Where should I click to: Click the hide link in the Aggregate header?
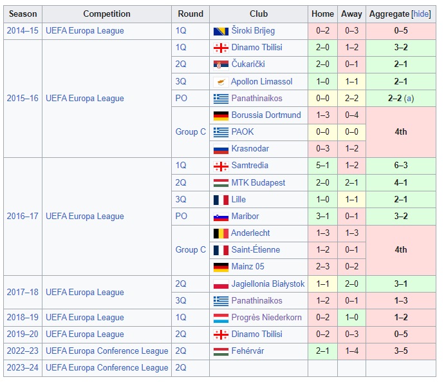[421, 14]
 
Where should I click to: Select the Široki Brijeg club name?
[253, 31]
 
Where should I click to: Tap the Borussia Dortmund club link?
[266, 115]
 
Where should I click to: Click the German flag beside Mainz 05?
[221, 267]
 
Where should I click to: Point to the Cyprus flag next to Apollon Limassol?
[221, 82]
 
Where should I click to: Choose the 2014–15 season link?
[22, 31]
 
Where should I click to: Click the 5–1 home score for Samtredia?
[322, 166]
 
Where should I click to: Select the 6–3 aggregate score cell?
[400, 166]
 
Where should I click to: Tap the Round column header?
[190, 14]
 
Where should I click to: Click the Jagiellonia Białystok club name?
[268, 284]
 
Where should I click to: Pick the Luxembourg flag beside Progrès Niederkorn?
[221, 318]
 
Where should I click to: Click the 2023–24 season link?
[22, 368]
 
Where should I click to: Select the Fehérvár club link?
[247, 351]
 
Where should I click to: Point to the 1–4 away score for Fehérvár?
[351, 351]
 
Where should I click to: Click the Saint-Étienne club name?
[256, 250]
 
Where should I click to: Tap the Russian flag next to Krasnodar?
[221, 149]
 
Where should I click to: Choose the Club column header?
[259, 14]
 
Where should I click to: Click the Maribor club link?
[245, 217]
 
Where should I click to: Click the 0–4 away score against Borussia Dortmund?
[351, 115]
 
